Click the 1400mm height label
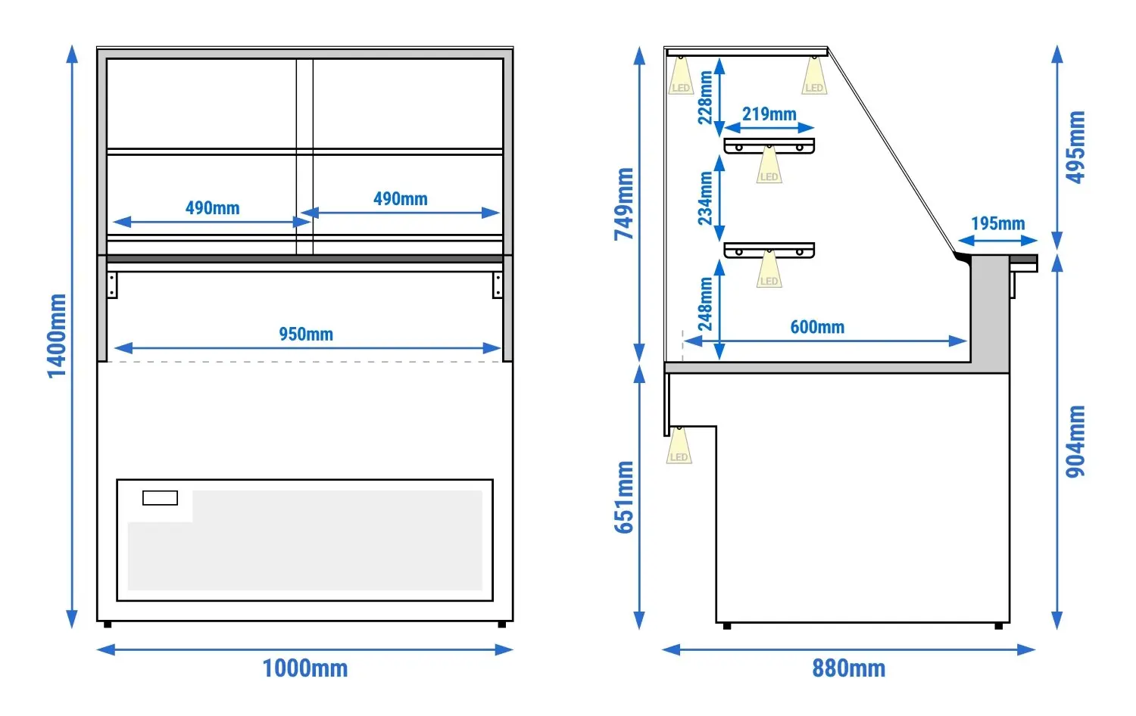57,336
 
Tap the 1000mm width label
304,668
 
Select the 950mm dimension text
306,335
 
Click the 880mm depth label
848,668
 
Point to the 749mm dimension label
624,204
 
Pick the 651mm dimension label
624,497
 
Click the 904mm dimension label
1075,441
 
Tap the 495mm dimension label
1075,147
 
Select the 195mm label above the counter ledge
997,223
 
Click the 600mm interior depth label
817,327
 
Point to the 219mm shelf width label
769,114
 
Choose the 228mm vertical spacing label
705,98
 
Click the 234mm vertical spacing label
705,198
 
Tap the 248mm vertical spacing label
705,304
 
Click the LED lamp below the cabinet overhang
679,445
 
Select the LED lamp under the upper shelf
769,164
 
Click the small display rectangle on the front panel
160,498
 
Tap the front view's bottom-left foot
108,624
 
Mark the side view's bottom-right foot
999,626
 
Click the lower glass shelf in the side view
769,251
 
